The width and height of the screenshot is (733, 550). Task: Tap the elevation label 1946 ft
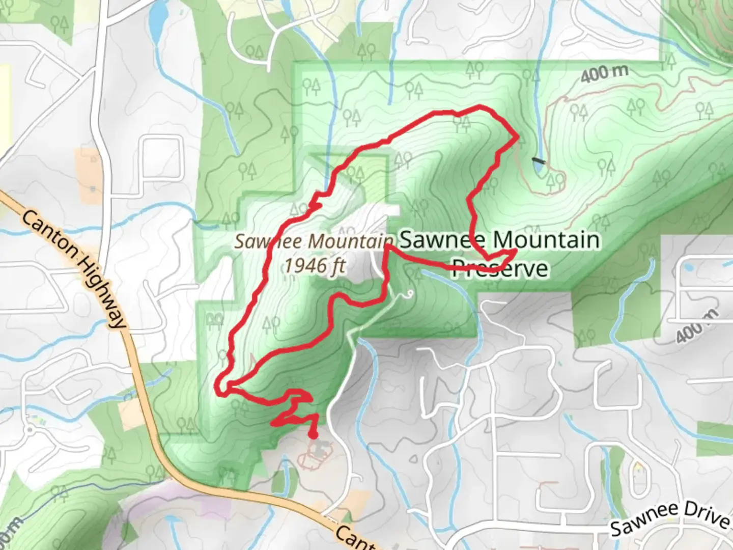coord(315,265)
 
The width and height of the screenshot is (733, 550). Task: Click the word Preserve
coord(500,268)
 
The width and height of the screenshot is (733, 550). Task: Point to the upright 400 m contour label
coord(604,74)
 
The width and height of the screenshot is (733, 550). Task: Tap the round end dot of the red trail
coord(313,434)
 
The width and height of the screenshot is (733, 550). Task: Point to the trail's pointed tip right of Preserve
coord(515,251)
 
